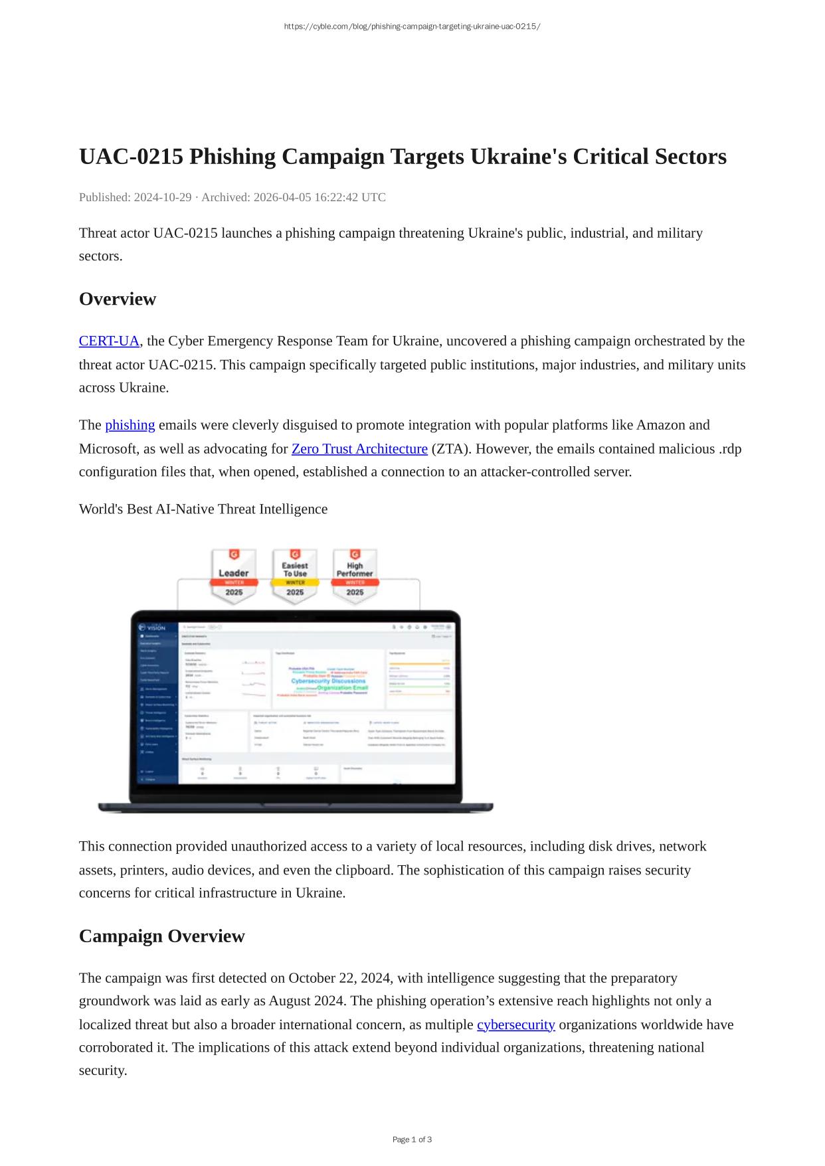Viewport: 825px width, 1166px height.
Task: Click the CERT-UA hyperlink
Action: [109, 341]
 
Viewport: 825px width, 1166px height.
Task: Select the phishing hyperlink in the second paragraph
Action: [130, 425]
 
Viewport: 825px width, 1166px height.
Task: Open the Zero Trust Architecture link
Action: [359, 449]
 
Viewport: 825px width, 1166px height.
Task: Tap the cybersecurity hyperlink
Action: [515, 1025]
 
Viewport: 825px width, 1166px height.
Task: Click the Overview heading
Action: [118, 299]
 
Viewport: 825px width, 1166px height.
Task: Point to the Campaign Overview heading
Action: [161, 936]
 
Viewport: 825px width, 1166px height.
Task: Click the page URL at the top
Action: [412, 27]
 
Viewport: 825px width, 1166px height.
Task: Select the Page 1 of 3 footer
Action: [412, 1139]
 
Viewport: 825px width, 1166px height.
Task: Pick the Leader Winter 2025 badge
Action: [233, 576]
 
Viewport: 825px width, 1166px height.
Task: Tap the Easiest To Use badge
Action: [295, 576]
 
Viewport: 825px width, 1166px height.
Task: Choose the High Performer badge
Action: [355, 576]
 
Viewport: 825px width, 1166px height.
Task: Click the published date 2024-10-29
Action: [163, 197]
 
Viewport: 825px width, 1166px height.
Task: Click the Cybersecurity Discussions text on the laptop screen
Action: [328, 681]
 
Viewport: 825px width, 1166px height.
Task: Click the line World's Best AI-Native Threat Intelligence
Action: [203, 509]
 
